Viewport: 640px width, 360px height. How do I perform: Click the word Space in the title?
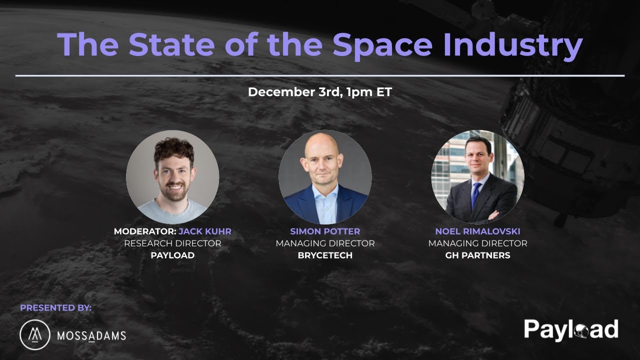point(382,45)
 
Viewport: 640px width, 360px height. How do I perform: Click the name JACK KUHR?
point(205,231)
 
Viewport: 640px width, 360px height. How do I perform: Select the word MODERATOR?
point(144,231)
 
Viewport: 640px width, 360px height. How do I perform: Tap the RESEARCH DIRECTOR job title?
point(172,243)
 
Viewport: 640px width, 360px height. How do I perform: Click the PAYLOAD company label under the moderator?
point(172,255)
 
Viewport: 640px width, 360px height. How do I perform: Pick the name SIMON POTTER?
point(325,231)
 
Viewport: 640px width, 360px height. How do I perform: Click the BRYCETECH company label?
point(325,255)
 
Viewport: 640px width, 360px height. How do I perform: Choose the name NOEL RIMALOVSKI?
point(477,231)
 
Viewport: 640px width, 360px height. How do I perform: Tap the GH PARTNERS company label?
point(477,255)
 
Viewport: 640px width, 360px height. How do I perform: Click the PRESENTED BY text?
point(56,308)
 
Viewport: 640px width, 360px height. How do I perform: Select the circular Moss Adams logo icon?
point(35,334)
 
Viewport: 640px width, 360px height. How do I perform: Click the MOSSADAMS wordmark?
point(91,335)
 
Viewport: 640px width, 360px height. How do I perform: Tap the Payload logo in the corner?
point(571,329)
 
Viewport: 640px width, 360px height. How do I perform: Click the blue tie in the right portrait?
point(475,194)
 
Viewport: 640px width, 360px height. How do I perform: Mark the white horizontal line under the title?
point(320,75)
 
